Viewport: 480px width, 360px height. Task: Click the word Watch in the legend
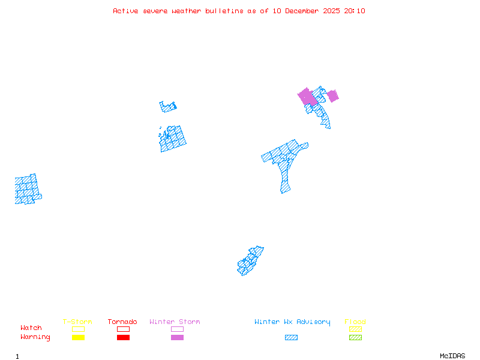[x=31, y=328]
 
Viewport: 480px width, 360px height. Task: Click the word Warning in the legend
[x=35, y=337]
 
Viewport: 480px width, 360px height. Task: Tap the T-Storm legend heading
[x=77, y=322]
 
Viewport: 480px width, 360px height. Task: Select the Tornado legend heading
[x=122, y=322]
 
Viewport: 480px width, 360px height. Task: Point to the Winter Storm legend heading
[x=175, y=322]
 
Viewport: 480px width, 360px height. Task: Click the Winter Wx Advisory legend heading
[x=292, y=322]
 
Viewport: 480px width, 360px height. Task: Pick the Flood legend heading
[x=355, y=322]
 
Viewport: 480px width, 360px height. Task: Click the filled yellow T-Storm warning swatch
[x=78, y=338]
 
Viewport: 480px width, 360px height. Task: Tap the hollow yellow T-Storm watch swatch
[x=78, y=329]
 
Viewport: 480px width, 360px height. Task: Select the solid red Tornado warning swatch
[x=123, y=338]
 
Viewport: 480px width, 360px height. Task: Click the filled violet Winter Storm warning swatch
[x=177, y=338]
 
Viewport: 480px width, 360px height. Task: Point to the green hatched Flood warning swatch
[x=355, y=338]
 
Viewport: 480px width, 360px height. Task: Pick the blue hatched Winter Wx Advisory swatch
[x=291, y=338]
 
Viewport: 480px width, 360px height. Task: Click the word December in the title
[x=304, y=11]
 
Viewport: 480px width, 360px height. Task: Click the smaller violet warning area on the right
[x=332, y=95]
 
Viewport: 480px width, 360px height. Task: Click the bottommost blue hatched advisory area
[x=250, y=261]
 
